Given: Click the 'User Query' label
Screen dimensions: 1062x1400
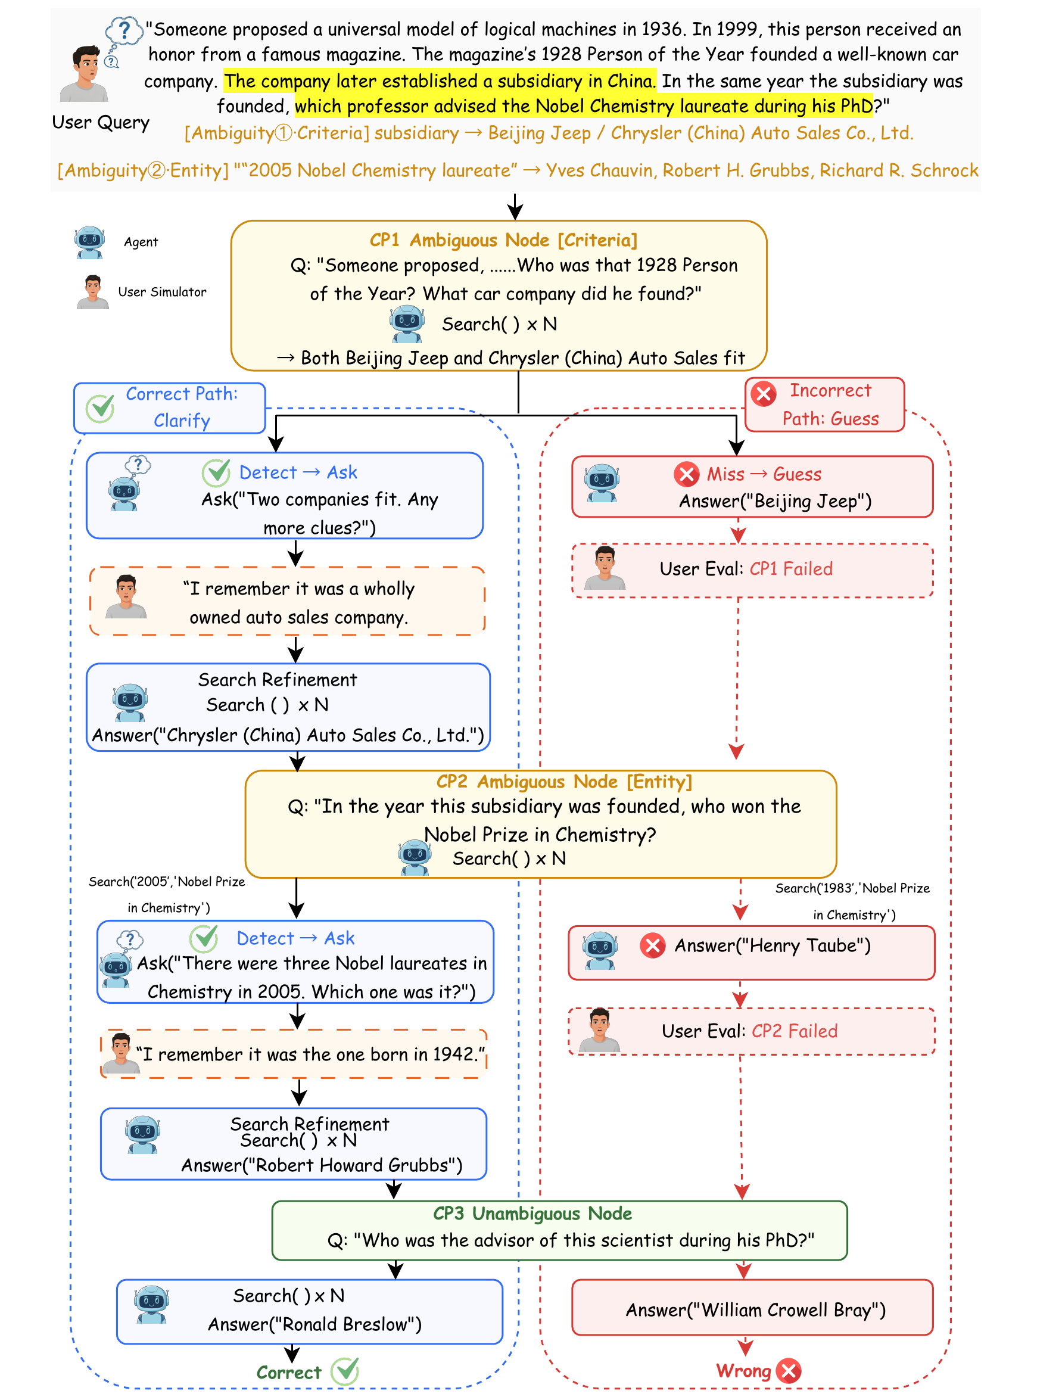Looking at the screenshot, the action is (101, 123).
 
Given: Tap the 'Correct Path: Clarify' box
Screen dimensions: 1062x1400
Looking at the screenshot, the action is (170, 408).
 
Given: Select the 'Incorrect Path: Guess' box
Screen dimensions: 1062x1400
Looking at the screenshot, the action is (825, 405).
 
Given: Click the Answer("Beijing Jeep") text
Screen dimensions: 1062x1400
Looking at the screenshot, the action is (776, 502).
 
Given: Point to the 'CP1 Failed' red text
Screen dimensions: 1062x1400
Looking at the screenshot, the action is (791, 569).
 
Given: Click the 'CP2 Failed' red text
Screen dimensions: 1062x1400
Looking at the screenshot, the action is (795, 1031).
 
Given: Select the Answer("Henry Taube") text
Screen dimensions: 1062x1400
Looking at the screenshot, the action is (773, 945).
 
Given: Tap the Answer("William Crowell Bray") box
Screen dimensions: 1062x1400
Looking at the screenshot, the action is (752, 1308).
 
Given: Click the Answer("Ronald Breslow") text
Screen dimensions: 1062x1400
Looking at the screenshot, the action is (315, 1325).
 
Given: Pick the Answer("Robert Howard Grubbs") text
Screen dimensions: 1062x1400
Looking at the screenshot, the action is (322, 1165).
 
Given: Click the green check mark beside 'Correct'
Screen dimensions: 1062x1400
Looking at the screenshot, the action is (345, 1371).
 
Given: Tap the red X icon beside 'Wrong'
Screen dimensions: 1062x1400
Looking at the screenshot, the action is (789, 1371).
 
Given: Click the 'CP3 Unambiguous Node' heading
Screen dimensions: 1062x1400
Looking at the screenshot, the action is (532, 1214).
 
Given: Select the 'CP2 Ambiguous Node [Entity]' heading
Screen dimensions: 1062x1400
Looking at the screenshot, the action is (564, 782).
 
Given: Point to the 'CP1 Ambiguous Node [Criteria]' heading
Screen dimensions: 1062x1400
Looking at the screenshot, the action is (503, 241).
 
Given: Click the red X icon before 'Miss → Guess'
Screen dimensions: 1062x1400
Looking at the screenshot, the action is (687, 474).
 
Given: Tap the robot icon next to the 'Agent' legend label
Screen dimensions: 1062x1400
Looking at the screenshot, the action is (90, 242).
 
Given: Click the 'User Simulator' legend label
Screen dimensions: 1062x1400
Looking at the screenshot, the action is (162, 292).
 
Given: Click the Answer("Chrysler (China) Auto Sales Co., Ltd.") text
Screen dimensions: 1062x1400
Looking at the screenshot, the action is (288, 735).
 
